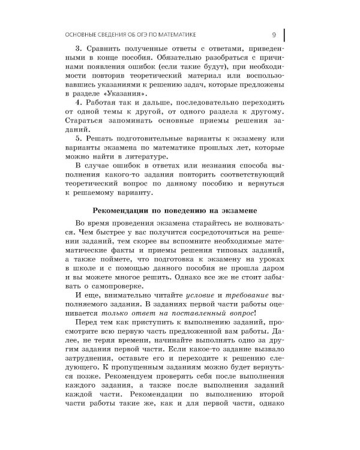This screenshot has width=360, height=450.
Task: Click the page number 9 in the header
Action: [274, 34]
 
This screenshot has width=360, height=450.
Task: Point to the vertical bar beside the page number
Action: [284, 34]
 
